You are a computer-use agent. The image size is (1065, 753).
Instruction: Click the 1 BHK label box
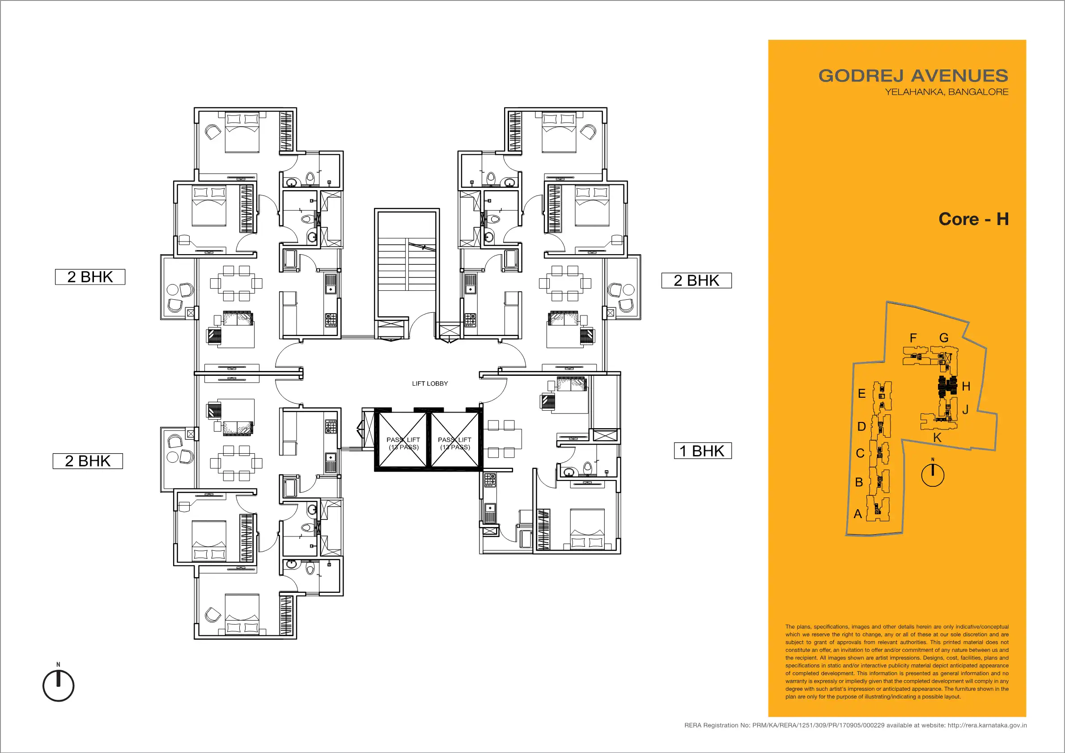coord(703,451)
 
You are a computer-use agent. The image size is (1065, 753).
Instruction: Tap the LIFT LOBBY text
coord(430,384)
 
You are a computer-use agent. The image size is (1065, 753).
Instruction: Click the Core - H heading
coord(974,219)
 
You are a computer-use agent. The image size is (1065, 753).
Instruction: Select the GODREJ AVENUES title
coord(913,76)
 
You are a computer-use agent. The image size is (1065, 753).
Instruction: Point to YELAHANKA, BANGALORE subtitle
coord(946,92)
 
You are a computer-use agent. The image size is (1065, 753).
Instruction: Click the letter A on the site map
coord(857,514)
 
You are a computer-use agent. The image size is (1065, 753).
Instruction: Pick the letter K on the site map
coord(937,438)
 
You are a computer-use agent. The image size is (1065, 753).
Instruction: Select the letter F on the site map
coord(913,338)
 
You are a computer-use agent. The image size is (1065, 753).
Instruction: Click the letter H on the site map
coord(966,386)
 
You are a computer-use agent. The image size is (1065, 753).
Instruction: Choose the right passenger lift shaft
coord(455,440)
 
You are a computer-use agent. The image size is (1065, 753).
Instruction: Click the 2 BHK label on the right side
coord(696,280)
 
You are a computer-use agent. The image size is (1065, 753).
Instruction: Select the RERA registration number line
coord(855,725)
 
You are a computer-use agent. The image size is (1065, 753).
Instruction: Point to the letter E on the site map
coord(861,393)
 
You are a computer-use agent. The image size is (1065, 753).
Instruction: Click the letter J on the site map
coord(965,410)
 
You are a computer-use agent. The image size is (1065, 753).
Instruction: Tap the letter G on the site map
coord(944,338)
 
